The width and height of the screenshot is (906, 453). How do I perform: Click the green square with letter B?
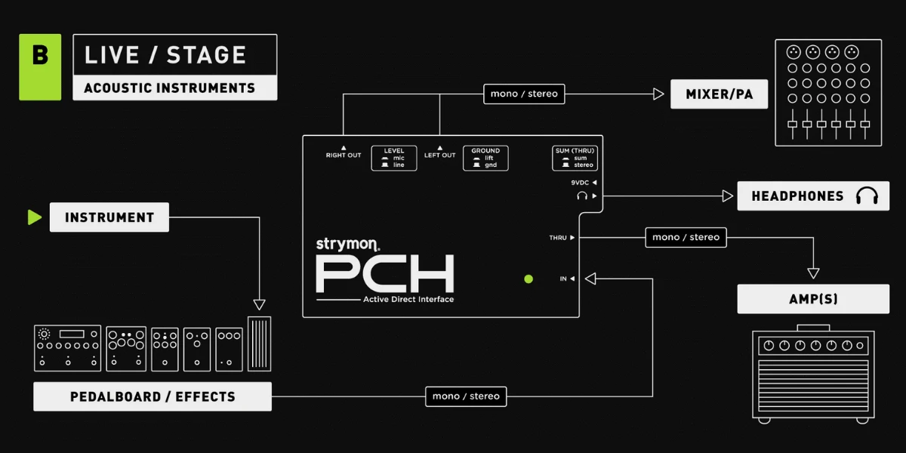[40, 67]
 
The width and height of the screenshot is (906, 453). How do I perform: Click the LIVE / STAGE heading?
[165, 55]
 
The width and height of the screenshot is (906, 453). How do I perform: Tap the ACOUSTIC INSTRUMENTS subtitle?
[169, 88]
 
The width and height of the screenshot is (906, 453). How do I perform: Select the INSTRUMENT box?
[109, 217]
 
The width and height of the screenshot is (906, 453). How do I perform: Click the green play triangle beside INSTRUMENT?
[35, 217]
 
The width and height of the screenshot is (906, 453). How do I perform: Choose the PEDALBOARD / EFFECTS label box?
[153, 396]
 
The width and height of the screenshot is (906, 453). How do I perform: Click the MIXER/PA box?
[719, 94]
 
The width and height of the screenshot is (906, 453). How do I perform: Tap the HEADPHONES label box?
[813, 196]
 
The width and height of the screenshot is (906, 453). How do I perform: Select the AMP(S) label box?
[813, 299]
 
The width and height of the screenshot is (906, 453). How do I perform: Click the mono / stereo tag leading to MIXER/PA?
[524, 94]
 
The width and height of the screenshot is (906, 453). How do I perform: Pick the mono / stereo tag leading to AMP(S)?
[686, 237]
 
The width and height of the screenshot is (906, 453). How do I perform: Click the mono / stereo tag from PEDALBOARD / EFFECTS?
[466, 396]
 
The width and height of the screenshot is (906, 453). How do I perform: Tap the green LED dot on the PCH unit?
[528, 279]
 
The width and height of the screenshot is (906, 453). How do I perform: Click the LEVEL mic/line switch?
[394, 158]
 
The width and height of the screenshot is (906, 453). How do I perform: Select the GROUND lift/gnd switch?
[485, 158]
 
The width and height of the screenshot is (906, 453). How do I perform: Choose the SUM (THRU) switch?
[575, 158]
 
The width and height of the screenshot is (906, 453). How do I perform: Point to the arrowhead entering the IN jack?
[590, 279]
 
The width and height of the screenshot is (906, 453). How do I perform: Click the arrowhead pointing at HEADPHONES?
[728, 196]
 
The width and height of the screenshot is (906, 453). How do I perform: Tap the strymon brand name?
[347, 245]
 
